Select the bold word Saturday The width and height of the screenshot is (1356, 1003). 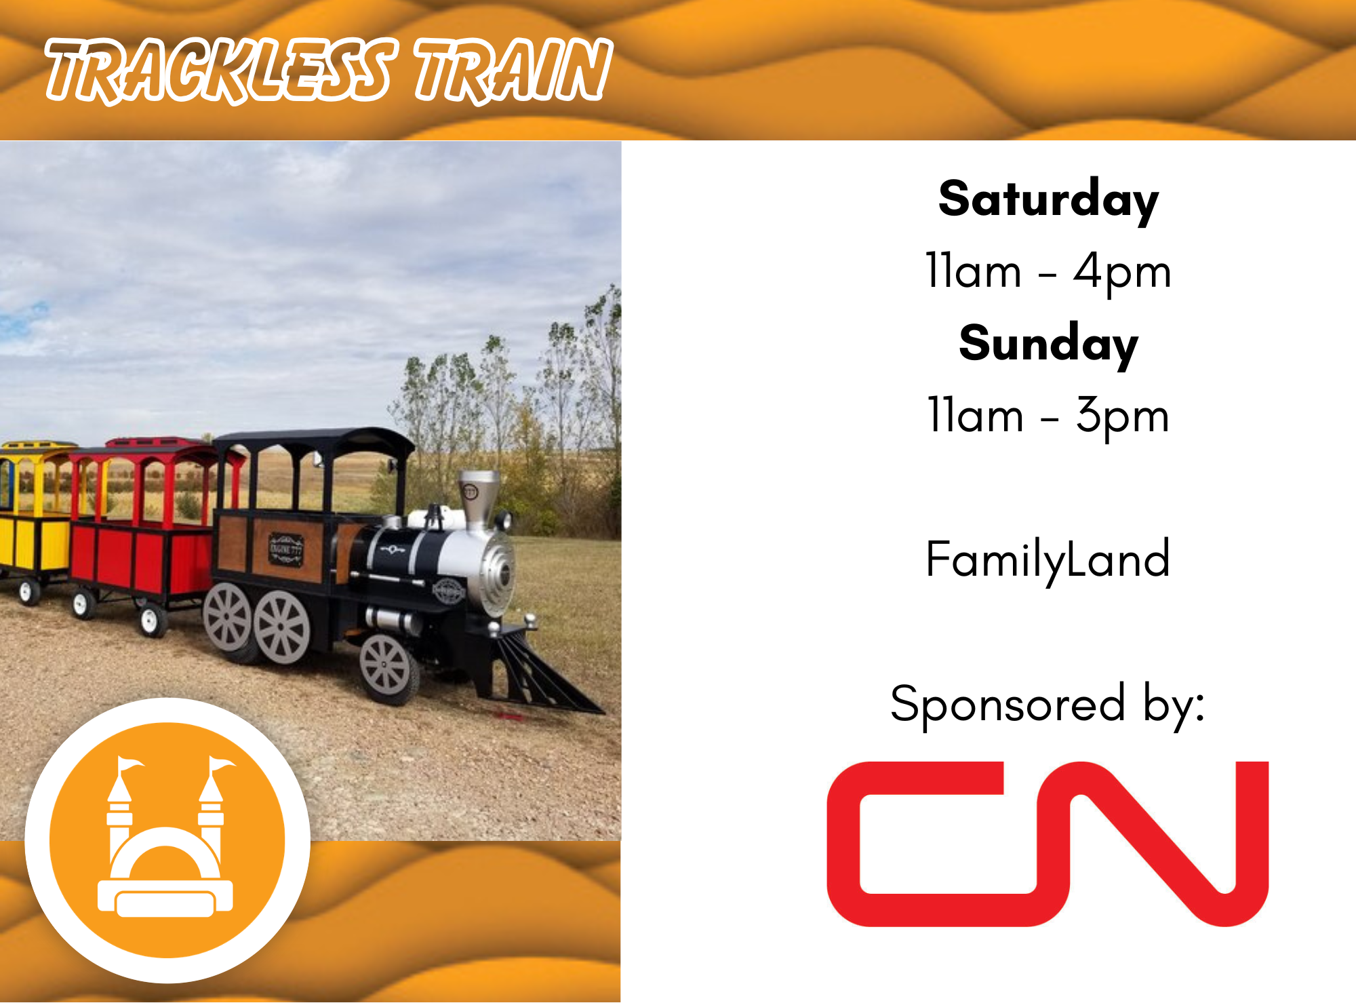(1048, 200)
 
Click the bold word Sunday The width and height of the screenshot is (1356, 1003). (1048, 345)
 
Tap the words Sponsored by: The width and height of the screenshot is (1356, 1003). (1048, 705)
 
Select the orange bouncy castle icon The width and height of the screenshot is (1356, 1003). (167, 840)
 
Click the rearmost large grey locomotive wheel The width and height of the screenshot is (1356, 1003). (227, 620)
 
